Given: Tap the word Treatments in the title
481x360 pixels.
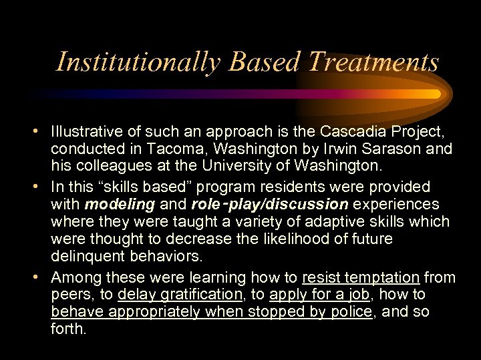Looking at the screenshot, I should point(373,63).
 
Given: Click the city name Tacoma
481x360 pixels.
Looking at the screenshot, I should point(150,148).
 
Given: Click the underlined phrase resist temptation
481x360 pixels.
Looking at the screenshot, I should point(361,277).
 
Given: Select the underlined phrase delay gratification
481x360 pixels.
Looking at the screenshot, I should point(179,295).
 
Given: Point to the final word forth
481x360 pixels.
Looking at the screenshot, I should point(68,329).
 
